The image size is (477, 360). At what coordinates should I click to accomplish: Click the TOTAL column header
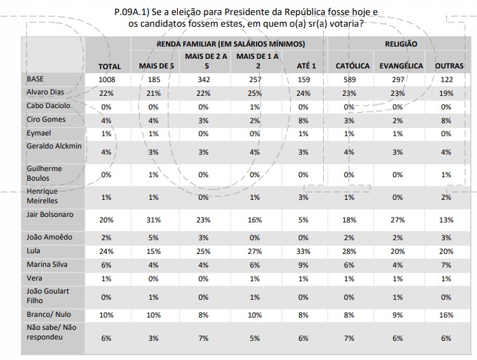pyautogui.click(x=109, y=66)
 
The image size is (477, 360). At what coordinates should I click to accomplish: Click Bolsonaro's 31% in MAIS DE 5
pyautogui.click(x=153, y=220)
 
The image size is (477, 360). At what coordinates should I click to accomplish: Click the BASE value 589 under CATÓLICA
pyautogui.click(x=349, y=79)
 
